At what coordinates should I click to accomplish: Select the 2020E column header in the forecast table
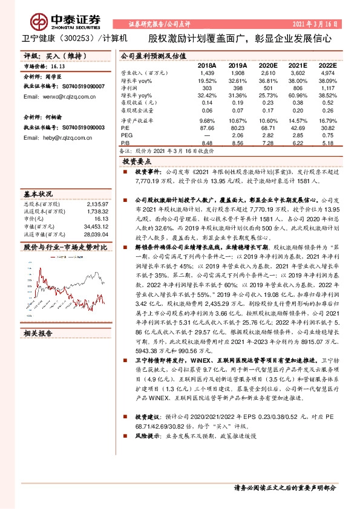pos(267,65)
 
